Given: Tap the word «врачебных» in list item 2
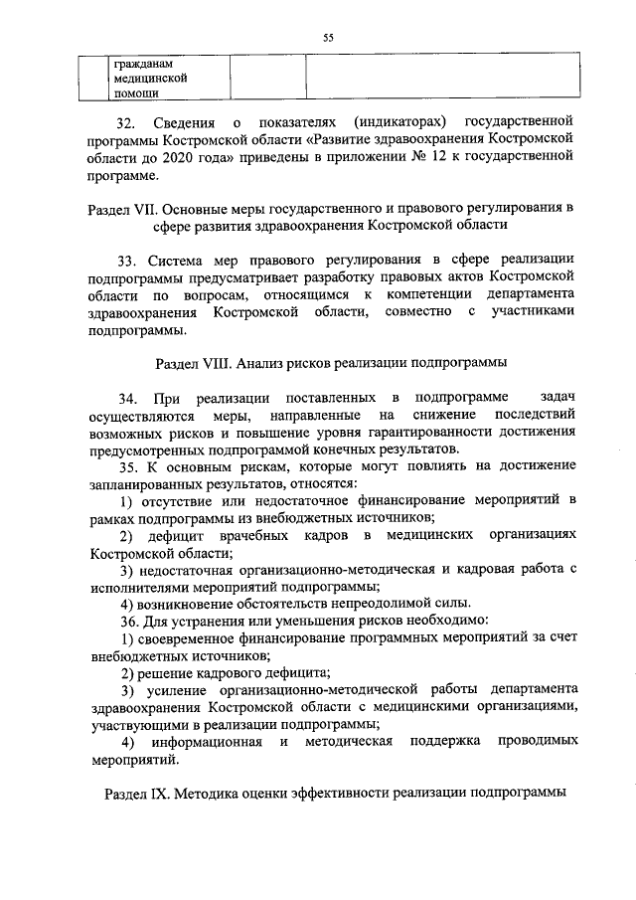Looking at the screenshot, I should pyautogui.click(x=258, y=537).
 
